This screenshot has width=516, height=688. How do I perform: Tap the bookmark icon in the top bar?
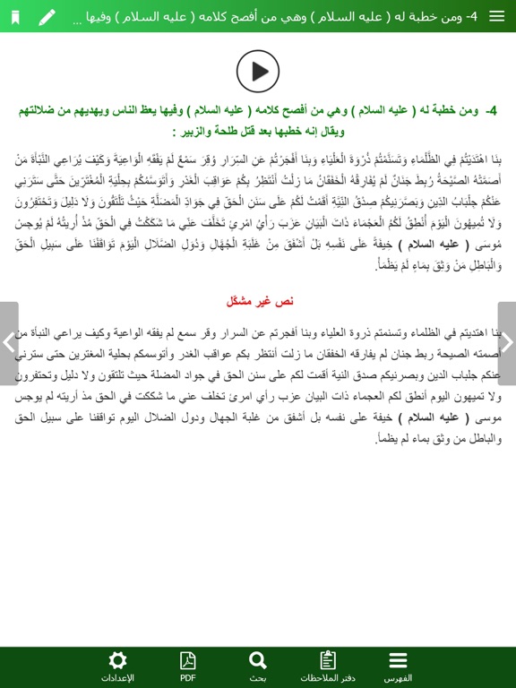click(15, 17)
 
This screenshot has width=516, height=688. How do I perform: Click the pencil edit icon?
click(47, 17)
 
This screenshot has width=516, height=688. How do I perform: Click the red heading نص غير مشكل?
click(260, 300)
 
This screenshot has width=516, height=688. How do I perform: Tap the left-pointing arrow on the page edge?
click(8, 342)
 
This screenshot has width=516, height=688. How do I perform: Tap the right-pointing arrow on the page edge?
click(507, 342)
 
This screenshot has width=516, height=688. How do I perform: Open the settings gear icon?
click(117, 661)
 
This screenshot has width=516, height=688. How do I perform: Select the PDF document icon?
click(187, 661)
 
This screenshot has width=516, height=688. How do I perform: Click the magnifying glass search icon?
click(258, 661)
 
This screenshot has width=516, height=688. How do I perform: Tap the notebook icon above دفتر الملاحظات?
click(328, 661)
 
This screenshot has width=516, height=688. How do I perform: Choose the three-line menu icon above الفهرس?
click(398, 661)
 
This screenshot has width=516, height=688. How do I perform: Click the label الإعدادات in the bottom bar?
click(117, 678)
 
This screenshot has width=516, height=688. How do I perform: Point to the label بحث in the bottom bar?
click(258, 678)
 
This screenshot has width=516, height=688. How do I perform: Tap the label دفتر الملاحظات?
click(328, 678)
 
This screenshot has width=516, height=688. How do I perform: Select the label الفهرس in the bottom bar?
click(398, 678)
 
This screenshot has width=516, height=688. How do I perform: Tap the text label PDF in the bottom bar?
click(187, 678)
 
